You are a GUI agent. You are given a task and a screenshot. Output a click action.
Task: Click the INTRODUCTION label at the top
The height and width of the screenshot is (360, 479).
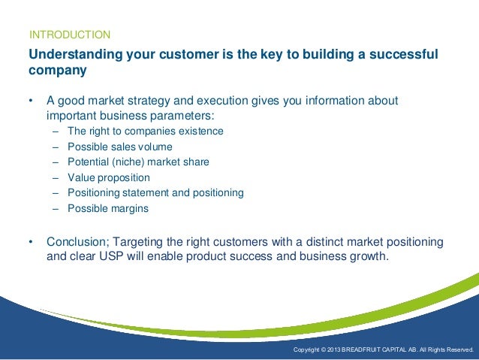coord(69,35)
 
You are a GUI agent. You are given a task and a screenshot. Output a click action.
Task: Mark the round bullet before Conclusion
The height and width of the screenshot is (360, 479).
coord(31,242)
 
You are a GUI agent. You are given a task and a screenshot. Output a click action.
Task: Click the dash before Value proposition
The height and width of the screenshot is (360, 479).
coord(56,178)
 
